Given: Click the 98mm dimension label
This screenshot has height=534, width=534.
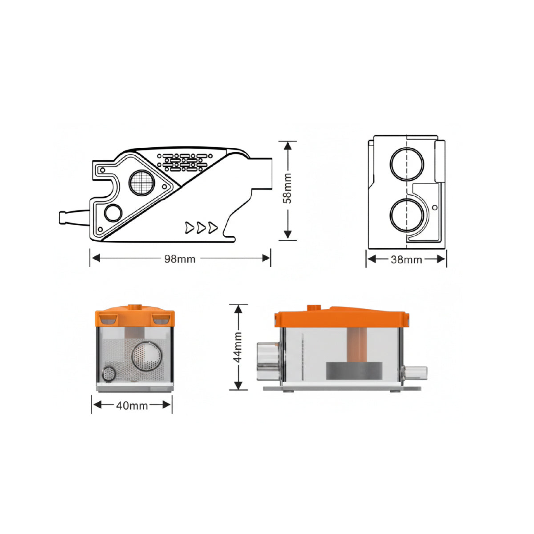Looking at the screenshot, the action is coord(180,259).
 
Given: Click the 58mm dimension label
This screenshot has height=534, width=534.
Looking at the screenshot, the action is coord(287,188).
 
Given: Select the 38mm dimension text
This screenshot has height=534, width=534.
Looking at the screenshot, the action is coord(406,259).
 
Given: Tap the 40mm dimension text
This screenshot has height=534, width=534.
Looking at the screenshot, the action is coord(132,405).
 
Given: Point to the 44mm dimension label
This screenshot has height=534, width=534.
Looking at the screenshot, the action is coord(238,347).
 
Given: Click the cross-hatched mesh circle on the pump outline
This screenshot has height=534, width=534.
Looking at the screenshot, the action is coord(142,183).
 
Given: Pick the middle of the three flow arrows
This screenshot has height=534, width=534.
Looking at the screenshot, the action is coord(201,227).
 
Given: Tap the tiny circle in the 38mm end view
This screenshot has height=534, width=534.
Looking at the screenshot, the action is coord(435,207).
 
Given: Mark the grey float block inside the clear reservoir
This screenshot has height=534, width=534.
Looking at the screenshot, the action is coord(354,371).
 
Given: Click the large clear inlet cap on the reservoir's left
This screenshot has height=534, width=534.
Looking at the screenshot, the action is coord(268,361).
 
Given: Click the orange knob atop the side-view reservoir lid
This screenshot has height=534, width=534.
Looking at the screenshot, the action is coord(314,307).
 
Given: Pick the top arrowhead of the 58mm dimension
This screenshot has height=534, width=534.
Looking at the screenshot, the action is coord(287,146).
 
